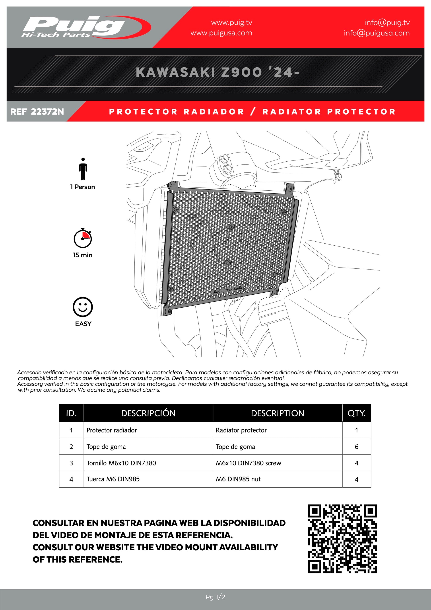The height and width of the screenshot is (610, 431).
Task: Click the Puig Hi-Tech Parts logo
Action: pyautogui.click(x=80, y=27)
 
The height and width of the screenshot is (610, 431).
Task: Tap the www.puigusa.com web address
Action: pyautogui.click(x=221, y=33)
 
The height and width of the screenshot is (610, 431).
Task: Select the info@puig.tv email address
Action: pyautogui.click(x=387, y=23)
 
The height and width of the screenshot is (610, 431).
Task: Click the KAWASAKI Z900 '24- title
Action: pyautogui.click(x=217, y=72)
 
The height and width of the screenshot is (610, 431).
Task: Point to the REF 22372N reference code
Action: pyautogui.click(x=37, y=111)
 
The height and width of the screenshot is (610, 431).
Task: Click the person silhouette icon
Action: pyautogui.click(x=83, y=169)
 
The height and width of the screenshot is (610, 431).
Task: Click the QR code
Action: pyautogui.click(x=342, y=539)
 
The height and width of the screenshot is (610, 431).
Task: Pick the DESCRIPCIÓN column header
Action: pyautogui.click(x=148, y=413)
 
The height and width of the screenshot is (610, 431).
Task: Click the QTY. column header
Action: pyautogui.click(x=356, y=413)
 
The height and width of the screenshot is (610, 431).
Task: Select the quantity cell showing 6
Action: pyautogui.click(x=356, y=447)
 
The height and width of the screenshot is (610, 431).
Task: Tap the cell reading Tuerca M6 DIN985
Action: pyautogui.click(x=113, y=479)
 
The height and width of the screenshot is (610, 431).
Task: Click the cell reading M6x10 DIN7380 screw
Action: pyautogui.click(x=249, y=463)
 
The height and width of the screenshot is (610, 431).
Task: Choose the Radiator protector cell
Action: pyautogui.click(x=241, y=430)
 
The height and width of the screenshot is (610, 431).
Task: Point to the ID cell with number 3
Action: pyautogui.click(x=71, y=463)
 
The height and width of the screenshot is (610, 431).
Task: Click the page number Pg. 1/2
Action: pyautogui.click(x=215, y=597)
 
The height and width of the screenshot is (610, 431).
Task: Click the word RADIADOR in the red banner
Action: pyautogui.click(x=214, y=111)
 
